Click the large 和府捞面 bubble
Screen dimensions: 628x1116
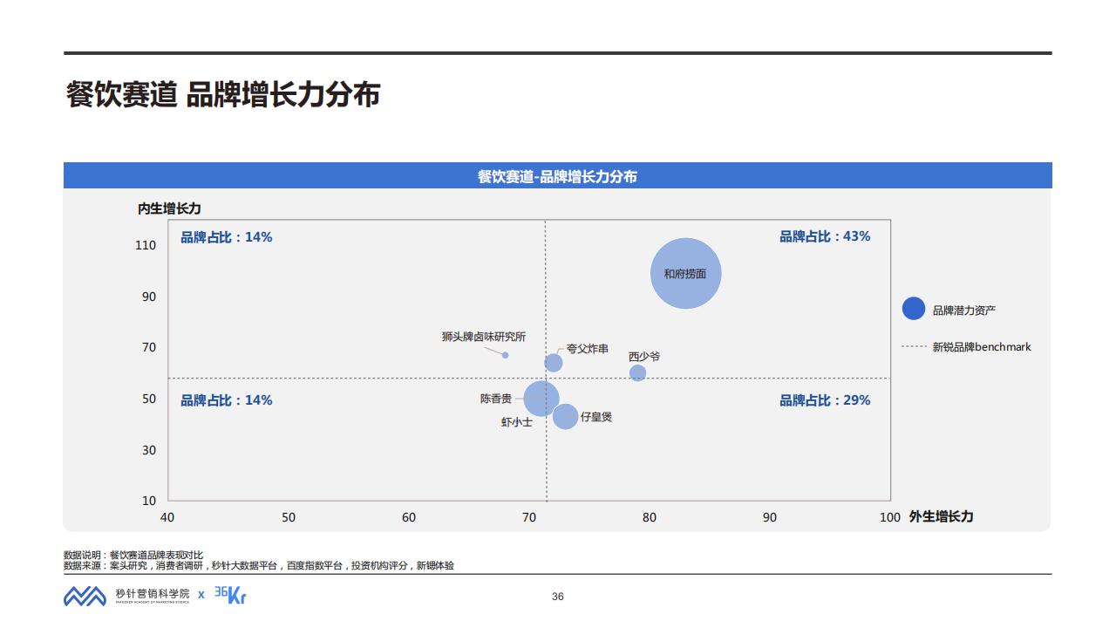pos(686,274)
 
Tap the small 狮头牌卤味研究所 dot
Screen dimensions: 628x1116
pos(505,355)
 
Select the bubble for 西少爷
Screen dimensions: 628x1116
pos(637,373)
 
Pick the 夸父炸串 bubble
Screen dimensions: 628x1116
pos(553,363)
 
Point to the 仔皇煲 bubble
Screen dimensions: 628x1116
pos(565,417)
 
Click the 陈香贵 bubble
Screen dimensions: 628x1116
pos(541,399)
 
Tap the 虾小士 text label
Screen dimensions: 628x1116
pos(516,422)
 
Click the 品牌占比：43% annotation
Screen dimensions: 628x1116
pos(824,236)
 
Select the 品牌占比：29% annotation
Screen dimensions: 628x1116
pos(824,400)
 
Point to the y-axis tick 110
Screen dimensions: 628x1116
pos(146,246)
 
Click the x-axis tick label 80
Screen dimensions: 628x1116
pos(650,517)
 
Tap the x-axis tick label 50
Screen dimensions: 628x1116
pos(288,517)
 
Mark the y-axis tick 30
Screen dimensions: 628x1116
pos(149,450)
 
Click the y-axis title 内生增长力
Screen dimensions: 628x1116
pos(169,208)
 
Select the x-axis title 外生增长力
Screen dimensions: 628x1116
pos(941,516)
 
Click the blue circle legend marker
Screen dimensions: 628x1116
pos(913,309)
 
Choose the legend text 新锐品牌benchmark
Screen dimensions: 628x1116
pos(981,347)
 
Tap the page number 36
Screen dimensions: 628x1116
pos(558,597)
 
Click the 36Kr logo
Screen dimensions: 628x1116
pos(230,595)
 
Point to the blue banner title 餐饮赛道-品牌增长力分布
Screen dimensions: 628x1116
pos(557,176)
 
